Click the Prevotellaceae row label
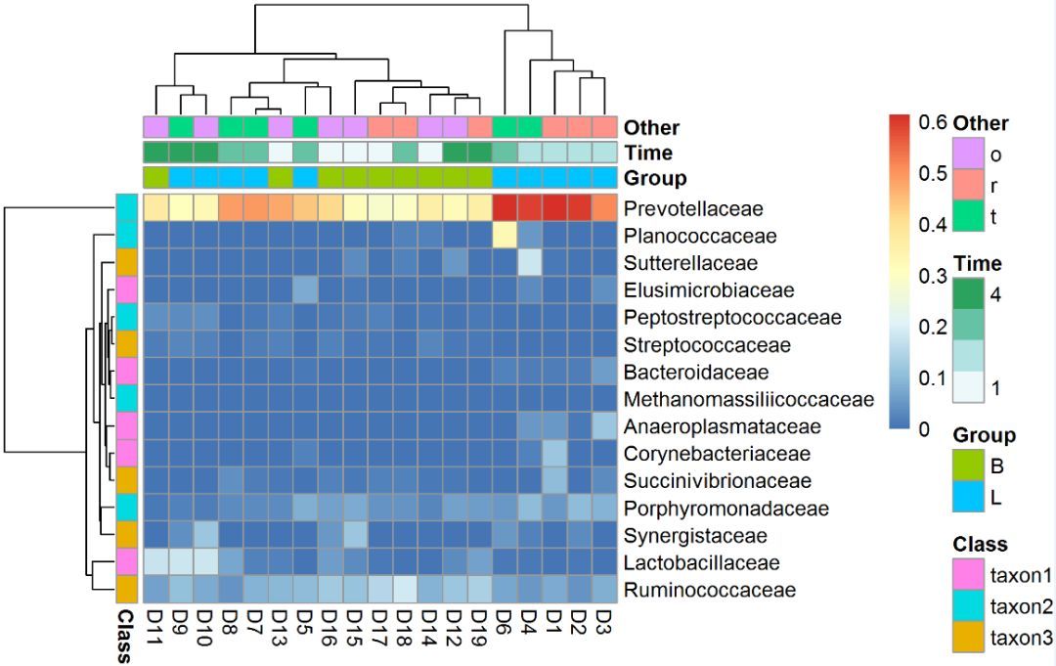click(x=693, y=208)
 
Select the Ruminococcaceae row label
click(x=710, y=590)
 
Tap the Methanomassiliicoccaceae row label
click(x=749, y=399)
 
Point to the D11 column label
click(x=155, y=628)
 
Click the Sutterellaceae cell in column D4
click(x=529, y=263)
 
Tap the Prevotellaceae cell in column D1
click(x=554, y=208)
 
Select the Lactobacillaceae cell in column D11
click(x=155, y=562)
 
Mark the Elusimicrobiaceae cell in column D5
click(x=305, y=290)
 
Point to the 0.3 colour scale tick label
click(x=932, y=276)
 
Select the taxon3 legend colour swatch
click(x=968, y=637)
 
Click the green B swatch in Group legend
click(x=968, y=466)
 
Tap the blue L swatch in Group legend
click(x=968, y=497)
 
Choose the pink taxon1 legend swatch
click(x=968, y=574)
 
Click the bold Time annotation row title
click(x=648, y=153)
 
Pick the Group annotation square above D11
click(x=155, y=178)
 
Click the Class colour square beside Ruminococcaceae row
click(x=126, y=590)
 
